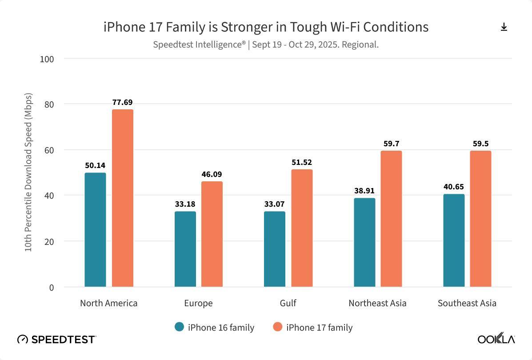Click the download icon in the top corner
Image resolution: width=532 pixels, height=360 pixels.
coord(504,27)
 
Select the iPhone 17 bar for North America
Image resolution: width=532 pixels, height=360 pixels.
coord(123,198)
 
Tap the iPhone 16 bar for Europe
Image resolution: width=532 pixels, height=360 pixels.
coord(185,249)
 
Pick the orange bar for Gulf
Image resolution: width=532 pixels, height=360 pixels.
coord(302,228)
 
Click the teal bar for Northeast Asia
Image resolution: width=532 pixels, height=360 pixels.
coord(364,242)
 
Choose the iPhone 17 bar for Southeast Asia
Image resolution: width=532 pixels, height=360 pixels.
coord(480,219)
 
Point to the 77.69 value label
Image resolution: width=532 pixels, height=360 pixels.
coord(122,102)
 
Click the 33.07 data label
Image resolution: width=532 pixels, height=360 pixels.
coord(274,204)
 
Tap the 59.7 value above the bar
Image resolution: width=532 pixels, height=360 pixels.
coord(391,144)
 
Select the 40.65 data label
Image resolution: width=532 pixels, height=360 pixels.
coord(454,187)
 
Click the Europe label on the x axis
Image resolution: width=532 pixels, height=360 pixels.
coord(198,303)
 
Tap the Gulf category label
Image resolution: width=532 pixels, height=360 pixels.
coord(288,303)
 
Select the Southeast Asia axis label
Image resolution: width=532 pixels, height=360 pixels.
coord(467,303)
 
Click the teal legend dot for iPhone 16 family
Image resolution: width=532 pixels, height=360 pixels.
coord(180,327)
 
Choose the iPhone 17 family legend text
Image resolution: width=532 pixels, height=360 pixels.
coord(319,328)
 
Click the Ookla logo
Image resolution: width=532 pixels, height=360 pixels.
coord(496,339)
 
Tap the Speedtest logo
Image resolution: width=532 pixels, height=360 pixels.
coord(56,340)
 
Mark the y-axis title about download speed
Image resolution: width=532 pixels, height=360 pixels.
coord(28,172)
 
